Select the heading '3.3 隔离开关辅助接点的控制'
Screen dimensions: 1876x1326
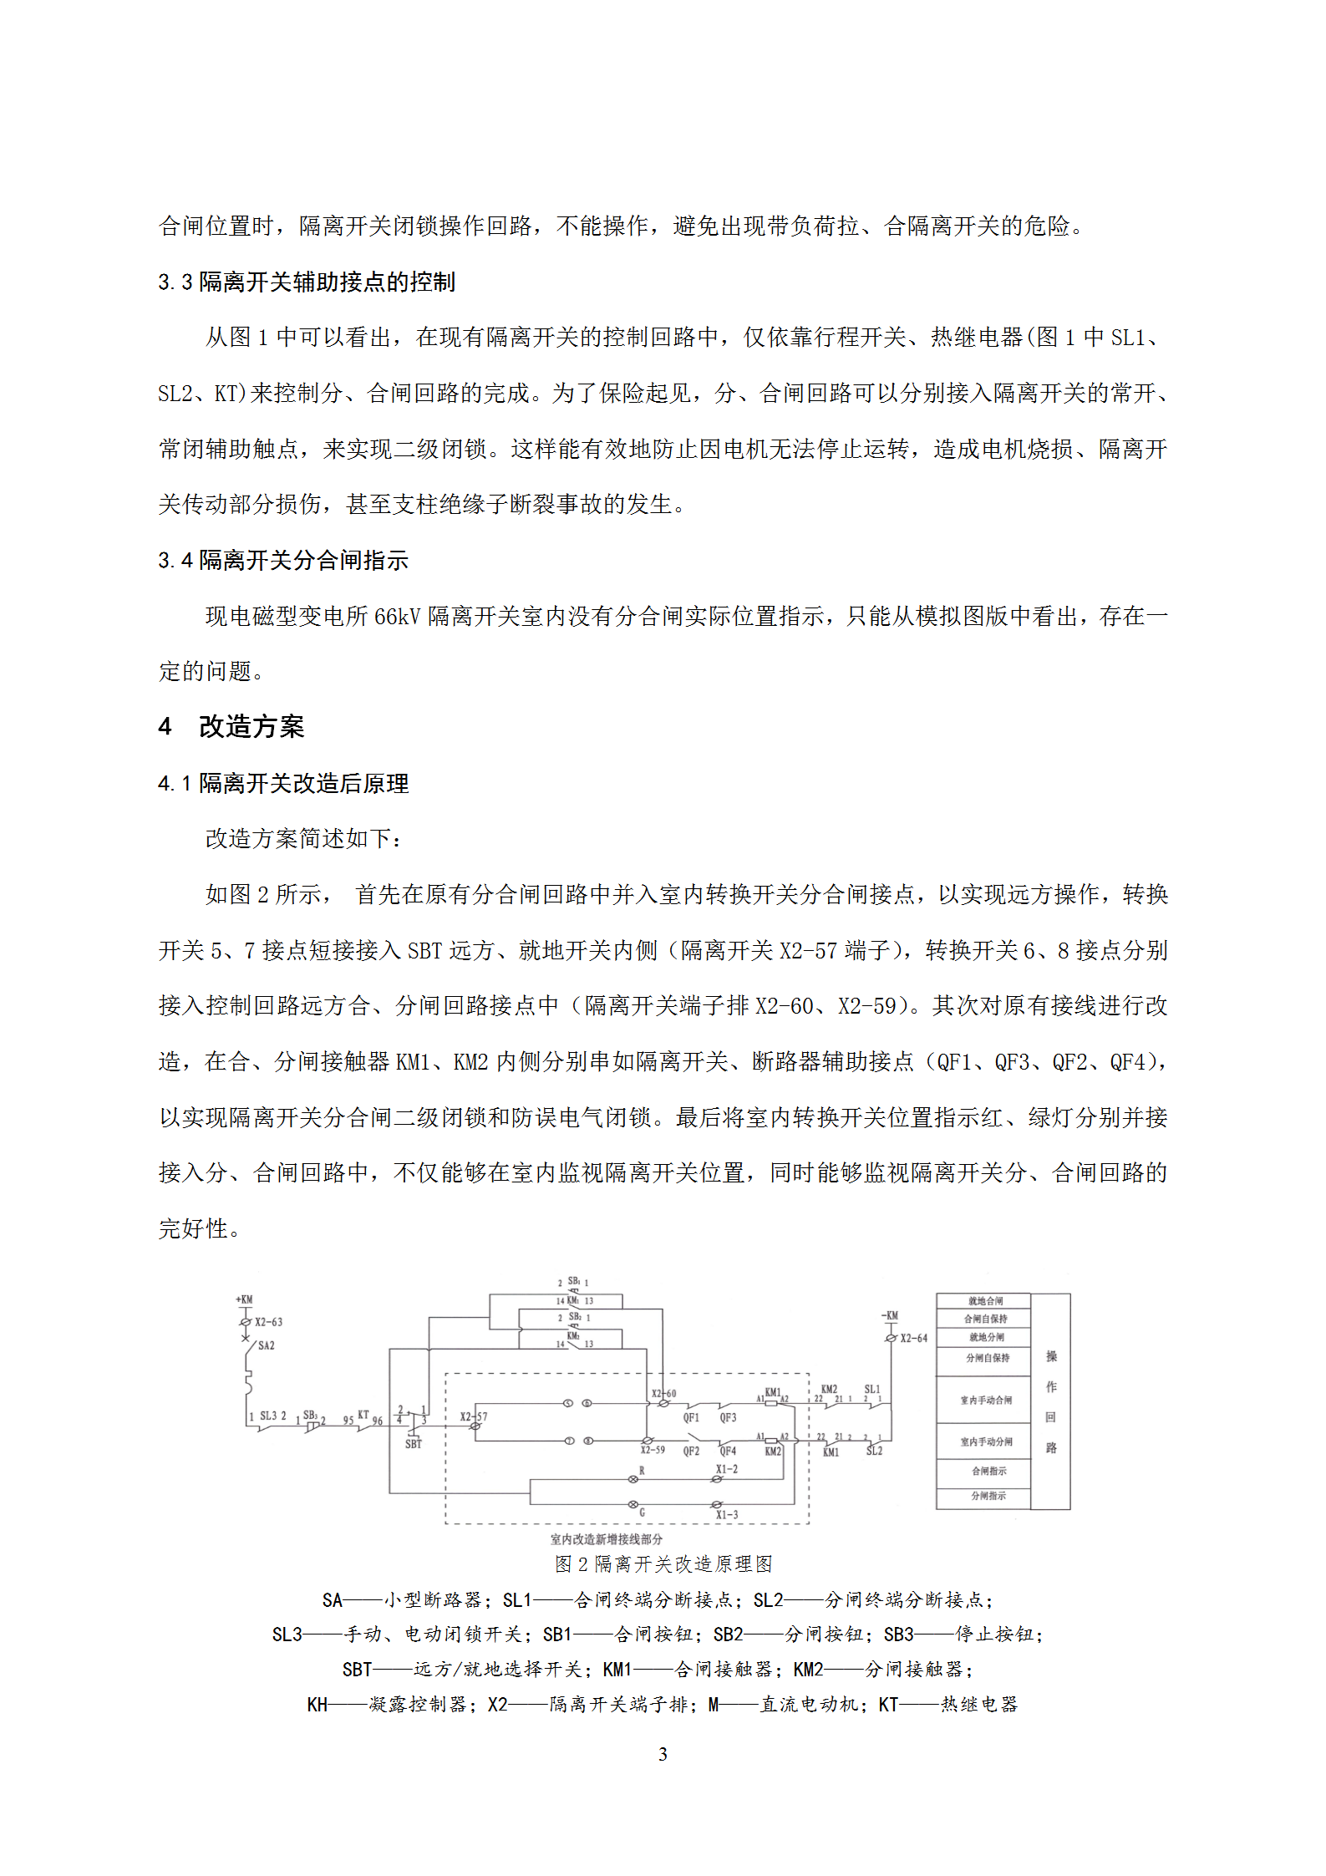(306, 282)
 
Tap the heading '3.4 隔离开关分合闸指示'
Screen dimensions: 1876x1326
(282, 560)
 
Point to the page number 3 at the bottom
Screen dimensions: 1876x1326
(663, 1754)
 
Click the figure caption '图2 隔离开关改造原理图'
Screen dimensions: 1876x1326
(663, 1563)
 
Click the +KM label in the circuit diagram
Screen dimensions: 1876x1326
(244, 1299)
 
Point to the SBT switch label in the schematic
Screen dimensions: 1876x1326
(414, 1443)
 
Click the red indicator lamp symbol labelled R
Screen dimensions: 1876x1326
(633, 1479)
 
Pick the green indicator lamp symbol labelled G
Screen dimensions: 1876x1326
(633, 1504)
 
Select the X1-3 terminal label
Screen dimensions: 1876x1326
(726, 1514)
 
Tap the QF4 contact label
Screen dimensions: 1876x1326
(728, 1451)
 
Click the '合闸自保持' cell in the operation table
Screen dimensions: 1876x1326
(985, 1319)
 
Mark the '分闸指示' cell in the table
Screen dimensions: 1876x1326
(988, 1496)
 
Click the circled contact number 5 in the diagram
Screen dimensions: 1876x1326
(568, 1403)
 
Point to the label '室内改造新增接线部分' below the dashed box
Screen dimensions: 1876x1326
(606, 1538)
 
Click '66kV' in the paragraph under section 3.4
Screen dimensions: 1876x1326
(397, 616)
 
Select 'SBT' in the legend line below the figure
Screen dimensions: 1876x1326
(356, 1669)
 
